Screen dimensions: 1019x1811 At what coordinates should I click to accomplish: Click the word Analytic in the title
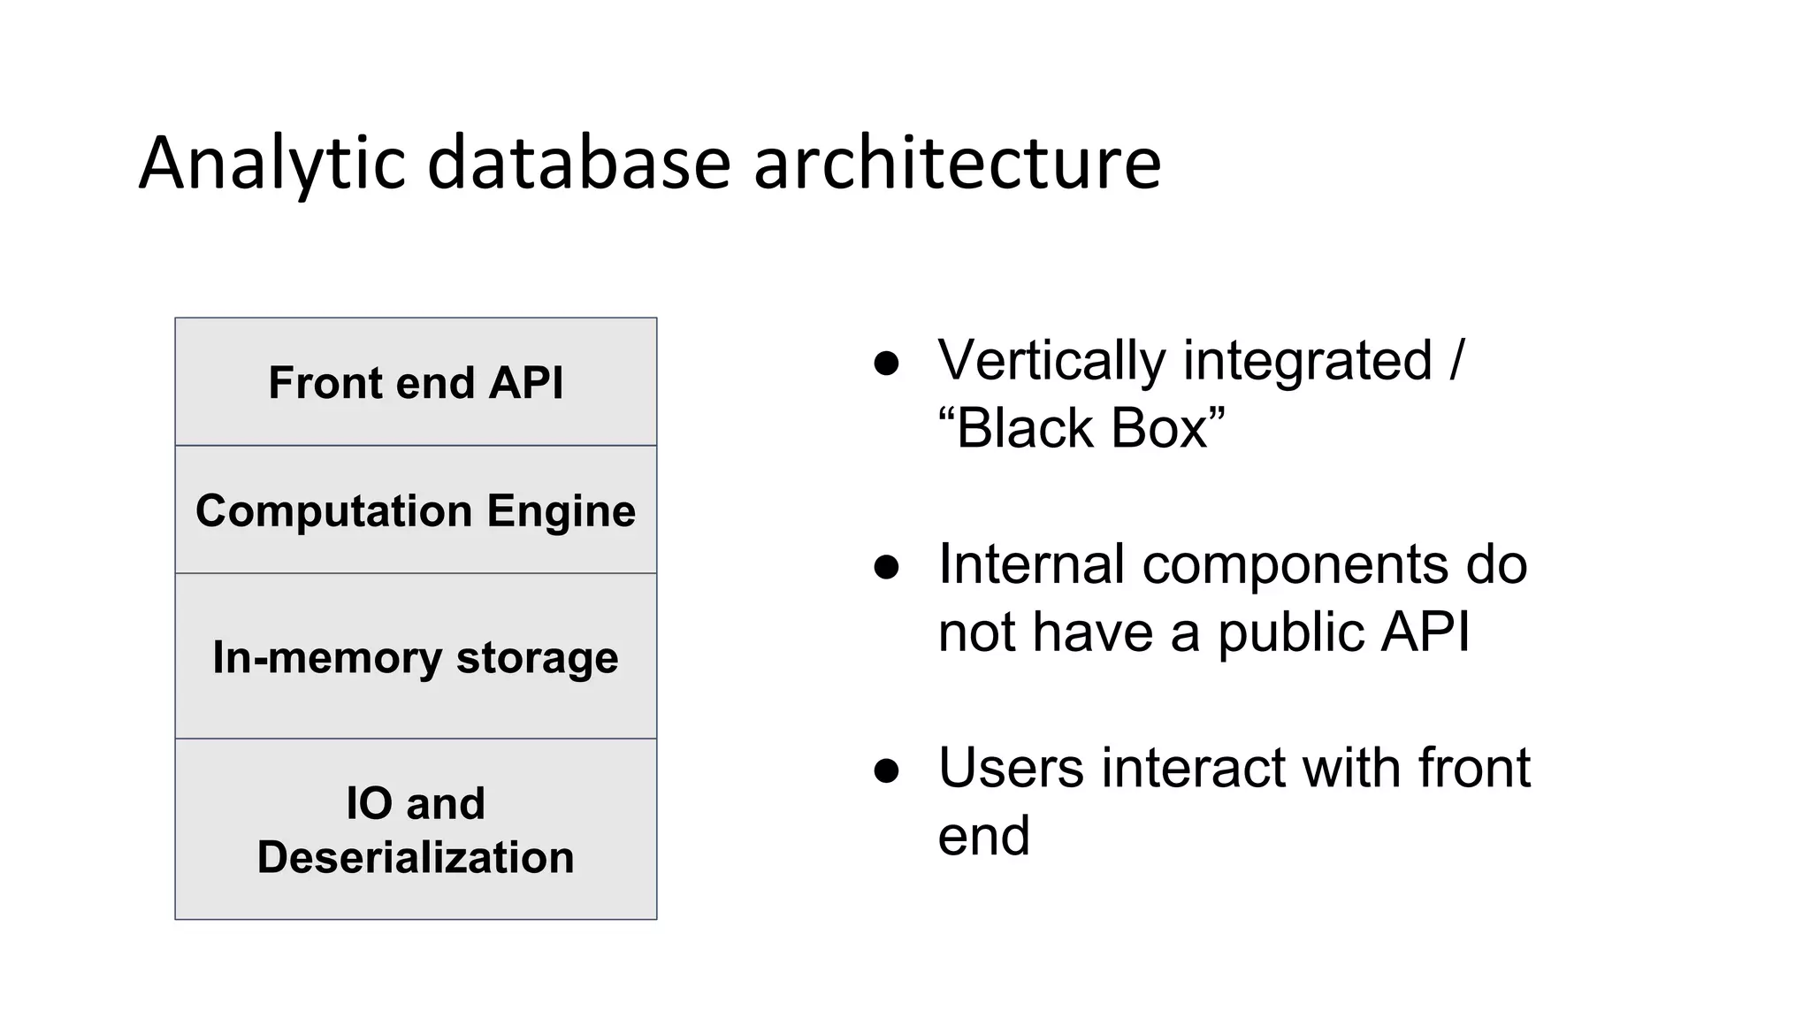coord(271,164)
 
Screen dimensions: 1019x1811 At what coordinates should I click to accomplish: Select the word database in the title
coord(579,164)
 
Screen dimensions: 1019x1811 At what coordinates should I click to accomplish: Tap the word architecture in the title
coord(957,164)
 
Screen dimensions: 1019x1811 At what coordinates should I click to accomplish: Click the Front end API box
coord(416,382)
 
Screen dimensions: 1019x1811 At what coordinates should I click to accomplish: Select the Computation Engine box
coord(416,510)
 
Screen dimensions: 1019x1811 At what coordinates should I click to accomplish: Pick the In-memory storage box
coord(416,656)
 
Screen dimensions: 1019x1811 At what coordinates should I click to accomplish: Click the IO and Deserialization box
coord(416,829)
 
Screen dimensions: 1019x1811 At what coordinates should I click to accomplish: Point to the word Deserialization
coord(416,857)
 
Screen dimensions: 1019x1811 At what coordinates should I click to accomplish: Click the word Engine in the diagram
coord(561,510)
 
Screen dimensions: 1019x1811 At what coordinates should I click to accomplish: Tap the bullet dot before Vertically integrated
coord(886,364)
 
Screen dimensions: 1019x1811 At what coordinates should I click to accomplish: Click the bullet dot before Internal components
coord(886,567)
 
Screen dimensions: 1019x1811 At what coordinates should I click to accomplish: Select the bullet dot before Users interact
coord(886,770)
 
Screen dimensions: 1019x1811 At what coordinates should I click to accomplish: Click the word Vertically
coord(1051,361)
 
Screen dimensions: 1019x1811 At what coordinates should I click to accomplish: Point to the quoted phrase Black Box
coord(1081,429)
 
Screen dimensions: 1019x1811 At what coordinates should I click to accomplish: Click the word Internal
coord(1031,564)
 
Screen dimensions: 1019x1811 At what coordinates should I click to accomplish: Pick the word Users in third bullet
coord(1011,768)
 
